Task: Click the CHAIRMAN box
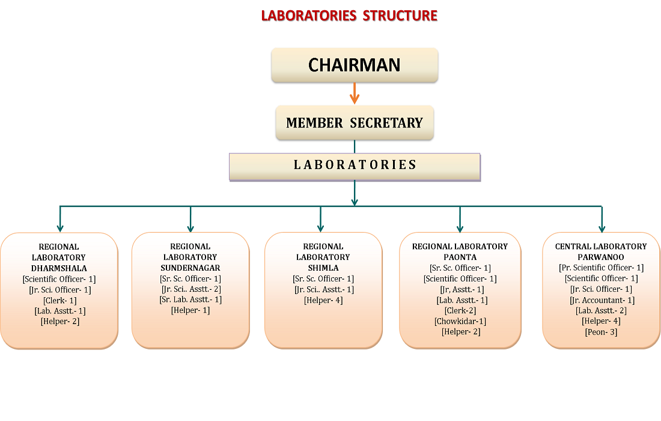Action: [355, 65]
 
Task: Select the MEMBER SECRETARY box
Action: [355, 123]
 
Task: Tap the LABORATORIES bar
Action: [355, 165]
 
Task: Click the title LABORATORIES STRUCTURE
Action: [349, 16]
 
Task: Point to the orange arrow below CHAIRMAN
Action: [355, 93]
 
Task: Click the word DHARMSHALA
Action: [59, 268]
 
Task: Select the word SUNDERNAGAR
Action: [190, 268]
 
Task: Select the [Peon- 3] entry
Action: [601, 332]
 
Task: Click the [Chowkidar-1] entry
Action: [460, 321]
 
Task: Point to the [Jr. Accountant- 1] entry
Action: [601, 300]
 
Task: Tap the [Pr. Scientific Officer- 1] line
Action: [601, 268]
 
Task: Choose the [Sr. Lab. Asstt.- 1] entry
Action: [190, 300]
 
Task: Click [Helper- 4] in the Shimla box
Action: [323, 300]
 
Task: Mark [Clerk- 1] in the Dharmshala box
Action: [59, 300]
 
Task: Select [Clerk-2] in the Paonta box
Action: [460, 310]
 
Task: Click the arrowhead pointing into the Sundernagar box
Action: [190, 227]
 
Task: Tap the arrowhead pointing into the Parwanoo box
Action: [602, 227]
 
